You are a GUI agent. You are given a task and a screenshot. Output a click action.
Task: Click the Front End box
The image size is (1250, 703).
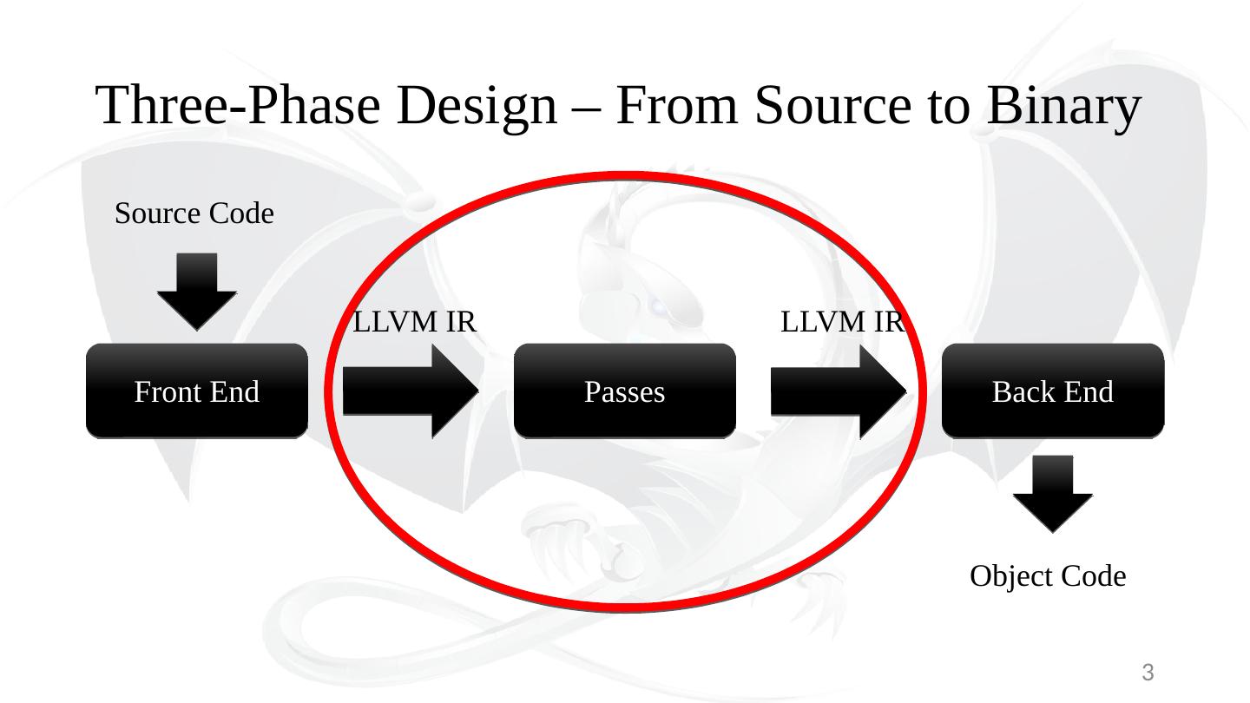tap(197, 391)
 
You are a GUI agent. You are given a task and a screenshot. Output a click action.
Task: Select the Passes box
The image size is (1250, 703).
tap(625, 391)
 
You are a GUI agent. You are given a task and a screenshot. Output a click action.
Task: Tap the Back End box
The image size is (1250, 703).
tap(1052, 391)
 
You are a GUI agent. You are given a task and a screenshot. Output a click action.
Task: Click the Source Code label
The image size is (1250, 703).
tap(194, 213)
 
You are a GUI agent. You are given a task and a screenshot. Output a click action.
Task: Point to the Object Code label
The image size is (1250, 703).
tap(1048, 575)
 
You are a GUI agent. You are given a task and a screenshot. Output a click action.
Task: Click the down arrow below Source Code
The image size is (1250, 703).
tap(197, 290)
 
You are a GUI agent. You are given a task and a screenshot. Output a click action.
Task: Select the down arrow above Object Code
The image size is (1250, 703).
tap(1052, 492)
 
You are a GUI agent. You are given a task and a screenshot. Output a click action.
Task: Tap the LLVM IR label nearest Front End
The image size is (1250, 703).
tap(415, 323)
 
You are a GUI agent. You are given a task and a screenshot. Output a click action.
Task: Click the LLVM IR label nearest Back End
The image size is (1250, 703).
tap(843, 323)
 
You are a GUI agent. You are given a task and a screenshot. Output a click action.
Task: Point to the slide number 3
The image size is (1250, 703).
tap(1147, 673)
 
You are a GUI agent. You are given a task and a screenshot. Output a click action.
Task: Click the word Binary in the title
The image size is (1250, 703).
tap(1062, 106)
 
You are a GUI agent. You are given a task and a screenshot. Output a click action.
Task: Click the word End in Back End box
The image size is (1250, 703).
tap(1089, 392)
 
